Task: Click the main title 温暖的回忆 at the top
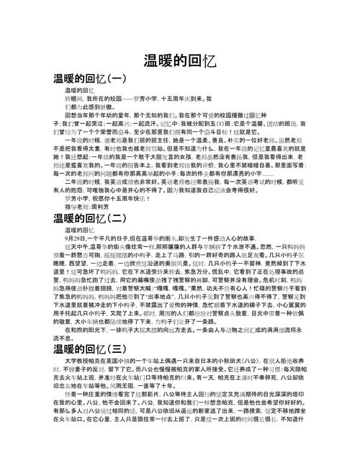[180, 60]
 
